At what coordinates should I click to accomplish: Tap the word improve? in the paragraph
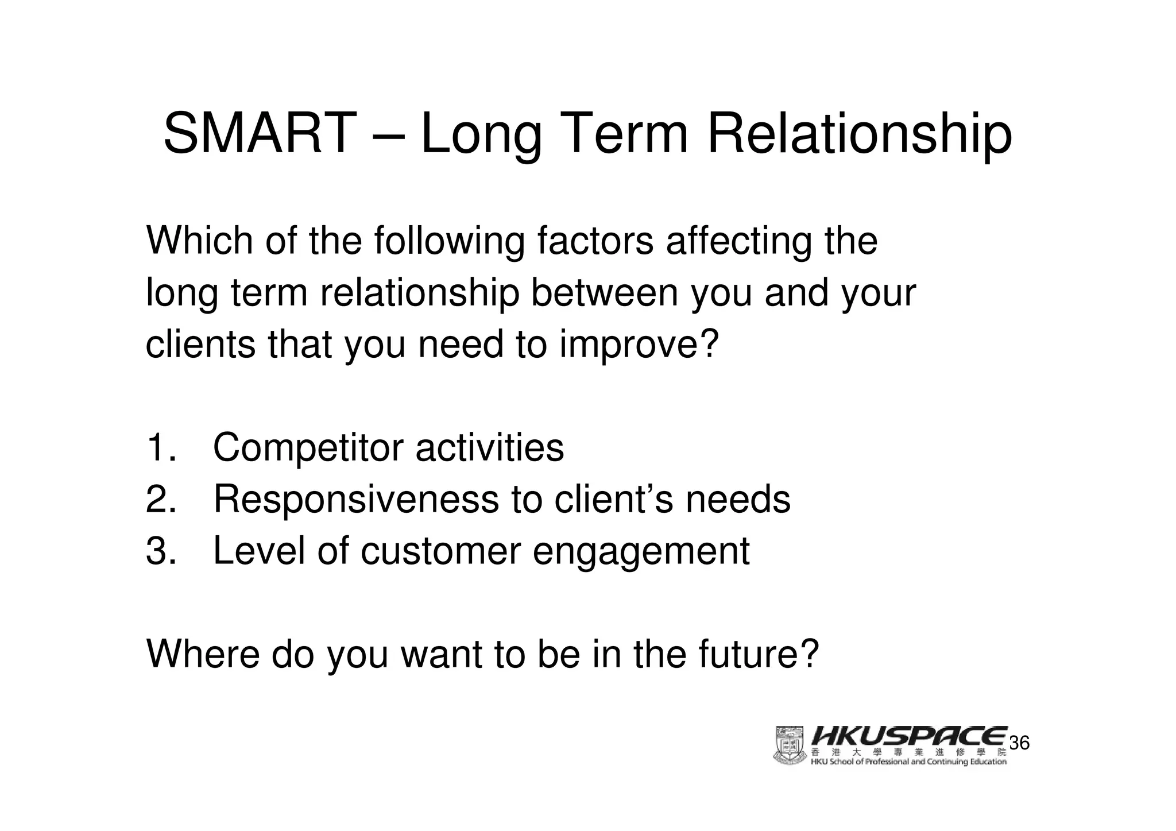(x=639, y=345)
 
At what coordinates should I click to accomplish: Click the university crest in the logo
(x=790, y=745)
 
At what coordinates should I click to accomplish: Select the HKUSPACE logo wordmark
(x=909, y=737)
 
